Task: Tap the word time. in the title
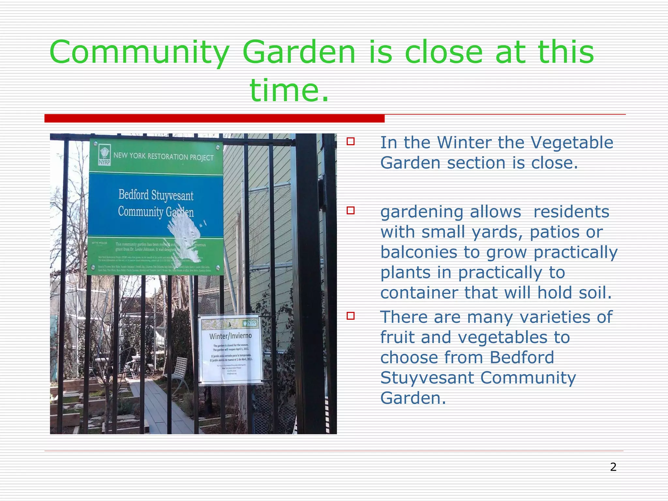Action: pos(289,90)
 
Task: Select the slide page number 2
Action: pos(613,467)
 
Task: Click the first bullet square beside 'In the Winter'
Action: pos(351,142)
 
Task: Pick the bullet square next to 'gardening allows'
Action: pos(351,210)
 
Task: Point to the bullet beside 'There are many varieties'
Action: pos(351,316)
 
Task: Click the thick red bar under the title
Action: pos(214,118)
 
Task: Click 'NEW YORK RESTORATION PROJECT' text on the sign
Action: pos(163,157)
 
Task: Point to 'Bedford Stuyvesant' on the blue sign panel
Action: pos(156,195)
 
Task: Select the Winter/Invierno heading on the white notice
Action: pos(230,336)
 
